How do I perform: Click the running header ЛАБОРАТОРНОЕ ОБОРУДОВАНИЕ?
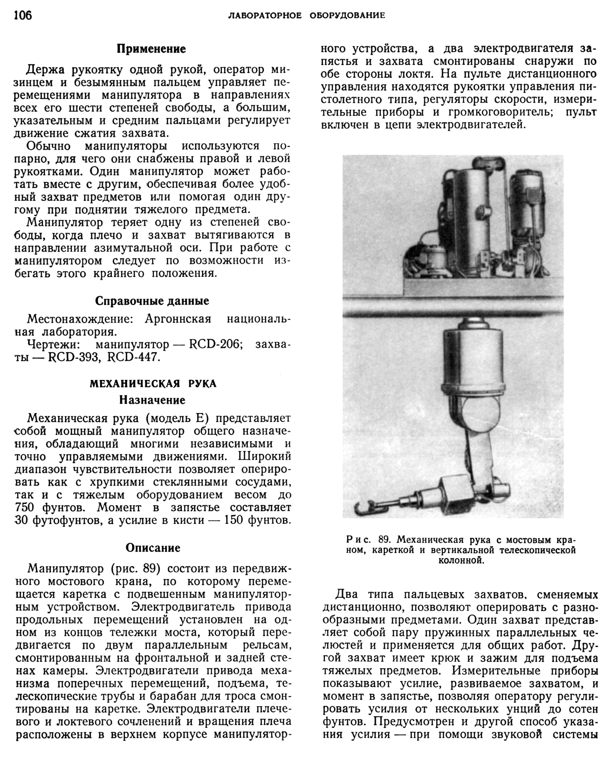[x=306, y=16]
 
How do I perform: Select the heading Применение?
[x=151, y=49]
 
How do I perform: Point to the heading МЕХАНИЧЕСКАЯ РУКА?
[x=153, y=384]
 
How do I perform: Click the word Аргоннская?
[x=178, y=319]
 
